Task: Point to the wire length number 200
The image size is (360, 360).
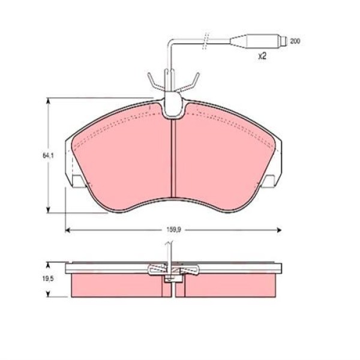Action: [295, 41]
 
